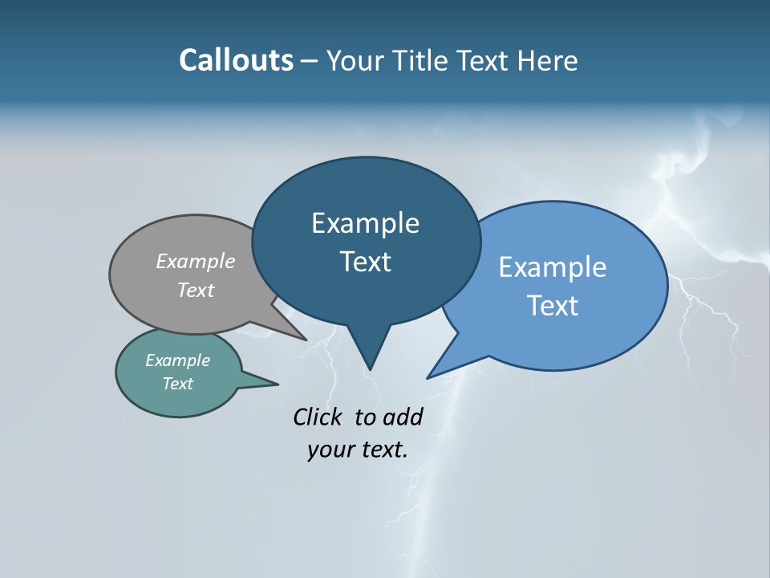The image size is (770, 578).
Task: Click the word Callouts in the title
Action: (x=236, y=60)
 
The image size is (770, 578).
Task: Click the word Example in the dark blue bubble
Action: (x=365, y=223)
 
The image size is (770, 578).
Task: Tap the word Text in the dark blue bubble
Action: (x=365, y=262)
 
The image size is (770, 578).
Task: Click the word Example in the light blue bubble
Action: (x=552, y=267)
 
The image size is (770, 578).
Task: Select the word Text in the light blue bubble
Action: (x=552, y=306)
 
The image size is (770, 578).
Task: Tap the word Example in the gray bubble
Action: (x=195, y=261)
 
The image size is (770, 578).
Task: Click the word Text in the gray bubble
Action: (x=195, y=290)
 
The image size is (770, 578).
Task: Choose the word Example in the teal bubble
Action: (x=177, y=360)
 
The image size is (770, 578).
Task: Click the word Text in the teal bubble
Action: (x=177, y=384)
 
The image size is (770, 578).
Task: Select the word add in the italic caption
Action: (x=402, y=417)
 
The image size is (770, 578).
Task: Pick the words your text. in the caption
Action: (x=357, y=450)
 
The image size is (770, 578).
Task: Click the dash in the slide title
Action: (x=310, y=60)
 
